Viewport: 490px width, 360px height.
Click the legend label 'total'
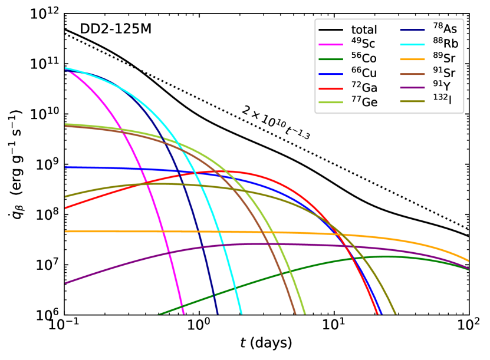point(364,29)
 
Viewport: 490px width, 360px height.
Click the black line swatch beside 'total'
point(331,29)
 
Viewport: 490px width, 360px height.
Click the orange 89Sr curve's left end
point(65,231)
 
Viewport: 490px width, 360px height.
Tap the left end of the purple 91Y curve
point(65,283)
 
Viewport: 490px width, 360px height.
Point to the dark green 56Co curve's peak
point(386,256)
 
